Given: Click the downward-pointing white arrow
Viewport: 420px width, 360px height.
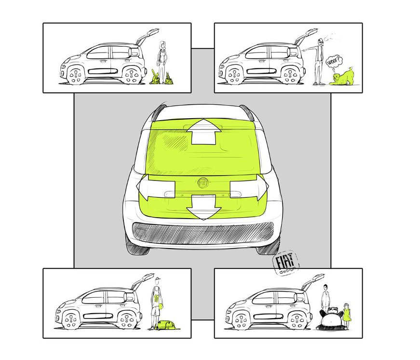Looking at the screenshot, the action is (x=203, y=207).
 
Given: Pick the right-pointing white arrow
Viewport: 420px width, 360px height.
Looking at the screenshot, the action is (x=249, y=187).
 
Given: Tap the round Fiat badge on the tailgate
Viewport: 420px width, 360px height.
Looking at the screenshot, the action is (x=203, y=183).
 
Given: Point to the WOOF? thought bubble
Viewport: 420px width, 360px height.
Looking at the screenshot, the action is (x=335, y=63).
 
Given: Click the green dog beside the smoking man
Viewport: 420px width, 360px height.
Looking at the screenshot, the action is (x=340, y=77).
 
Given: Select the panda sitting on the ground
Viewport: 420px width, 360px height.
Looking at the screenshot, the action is (x=329, y=318).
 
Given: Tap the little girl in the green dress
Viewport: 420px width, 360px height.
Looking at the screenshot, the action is (x=347, y=316).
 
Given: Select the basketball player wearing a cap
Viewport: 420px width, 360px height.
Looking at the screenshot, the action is (x=156, y=304).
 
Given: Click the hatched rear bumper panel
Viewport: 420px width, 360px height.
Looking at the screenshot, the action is (x=203, y=233).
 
